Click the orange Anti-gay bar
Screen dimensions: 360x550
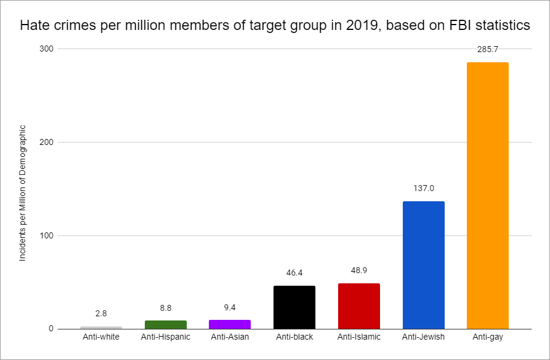[x=487, y=195]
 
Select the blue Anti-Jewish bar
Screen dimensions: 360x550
[x=423, y=265]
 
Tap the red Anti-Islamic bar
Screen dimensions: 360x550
[x=358, y=306]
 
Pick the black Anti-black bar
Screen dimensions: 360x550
[x=294, y=307]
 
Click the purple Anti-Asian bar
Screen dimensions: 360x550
[x=230, y=324]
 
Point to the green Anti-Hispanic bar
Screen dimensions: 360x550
[x=165, y=325]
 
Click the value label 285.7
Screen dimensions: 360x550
[x=488, y=50]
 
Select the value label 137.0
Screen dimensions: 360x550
[x=423, y=188]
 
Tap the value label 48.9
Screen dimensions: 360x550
[x=359, y=271]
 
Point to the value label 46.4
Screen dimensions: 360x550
[x=294, y=273]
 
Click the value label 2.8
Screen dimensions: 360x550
[x=101, y=313]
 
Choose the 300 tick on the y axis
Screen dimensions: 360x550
[x=47, y=49]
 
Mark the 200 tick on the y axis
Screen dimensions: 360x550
[x=47, y=142]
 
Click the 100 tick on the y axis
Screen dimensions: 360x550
[x=47, y=235]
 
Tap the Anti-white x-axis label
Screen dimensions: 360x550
[x=101, y=337]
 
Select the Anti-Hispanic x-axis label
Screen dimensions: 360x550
[x=165, y=337]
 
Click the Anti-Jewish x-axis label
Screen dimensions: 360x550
[x=423, y=337]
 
